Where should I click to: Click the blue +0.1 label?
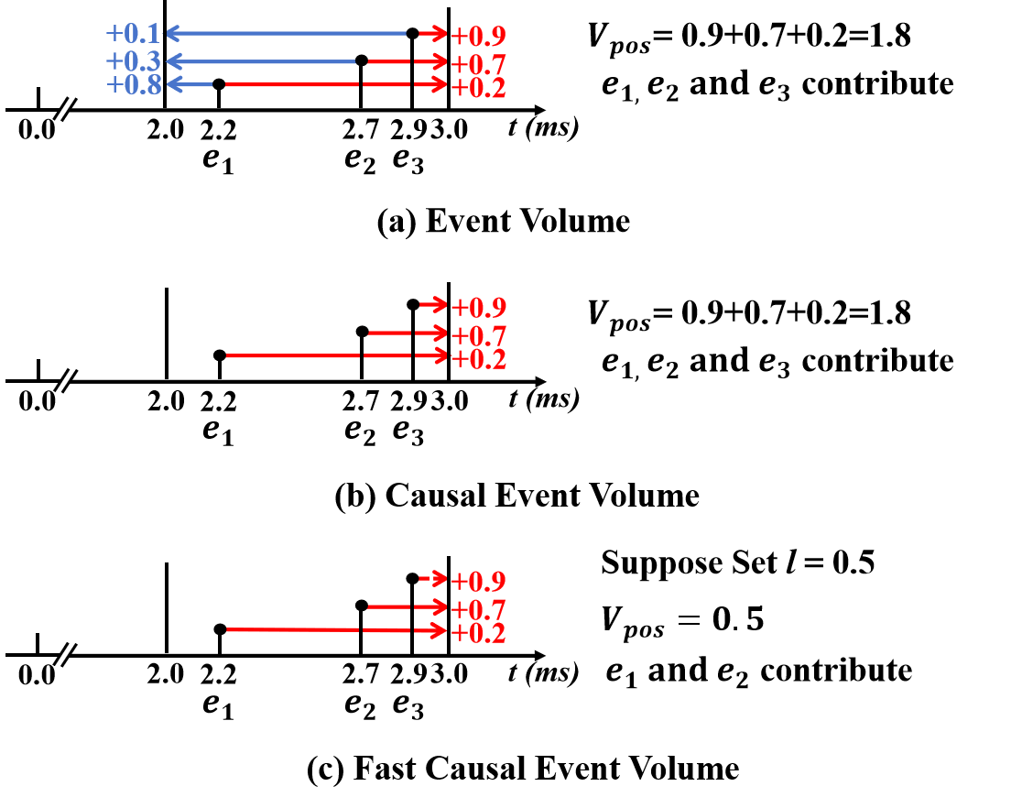(x=133, y=34)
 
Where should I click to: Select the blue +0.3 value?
(x=133, y=61)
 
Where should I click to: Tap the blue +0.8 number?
(x=134, y=85)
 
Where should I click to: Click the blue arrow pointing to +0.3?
(x=261, y=61)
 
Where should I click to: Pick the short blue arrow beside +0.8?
(x=190, y=85)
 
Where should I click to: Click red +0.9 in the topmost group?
(x=478, y=36)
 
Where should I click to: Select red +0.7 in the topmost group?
(x=478, y=65)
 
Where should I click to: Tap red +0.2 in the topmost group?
(x=478, y=88)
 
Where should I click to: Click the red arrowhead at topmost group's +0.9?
(x=438, y=34)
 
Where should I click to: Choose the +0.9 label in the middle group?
(x=478, y=307)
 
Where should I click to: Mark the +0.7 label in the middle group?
(x=478, y=336)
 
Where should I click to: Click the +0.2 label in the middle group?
(x=478, y=359)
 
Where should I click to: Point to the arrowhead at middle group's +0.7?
(x=438, y=333)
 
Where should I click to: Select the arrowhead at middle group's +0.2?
(x=438, y=355)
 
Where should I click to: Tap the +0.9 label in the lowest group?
(x=478, y=582)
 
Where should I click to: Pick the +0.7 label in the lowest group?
(x=478, y=610)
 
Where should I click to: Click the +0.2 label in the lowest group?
(x=478, y=633)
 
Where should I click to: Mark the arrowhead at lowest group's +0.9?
(x=438, y=579)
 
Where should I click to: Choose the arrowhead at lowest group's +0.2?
(x=438, y=630)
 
